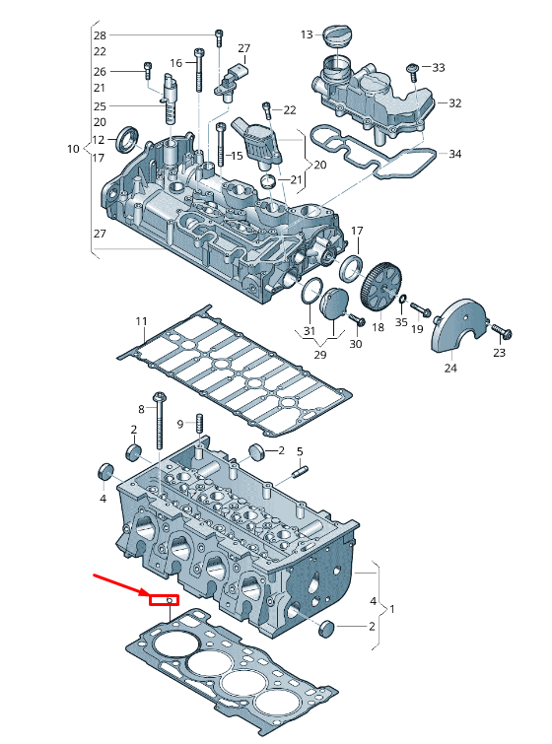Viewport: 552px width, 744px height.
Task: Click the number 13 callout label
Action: point(306,35)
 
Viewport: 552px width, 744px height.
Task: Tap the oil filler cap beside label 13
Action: point(336,36)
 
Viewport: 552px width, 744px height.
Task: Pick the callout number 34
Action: point(454,154)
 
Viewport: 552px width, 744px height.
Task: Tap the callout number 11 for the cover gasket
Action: point(141,321)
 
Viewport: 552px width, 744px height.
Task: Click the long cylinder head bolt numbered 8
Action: point(161,424)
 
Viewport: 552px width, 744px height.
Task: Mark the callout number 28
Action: point(100,35)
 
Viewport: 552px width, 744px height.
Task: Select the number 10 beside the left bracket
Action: point(73,149)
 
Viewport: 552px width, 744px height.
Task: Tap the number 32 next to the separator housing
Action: point(454,102)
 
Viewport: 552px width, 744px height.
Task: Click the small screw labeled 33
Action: point(412,69)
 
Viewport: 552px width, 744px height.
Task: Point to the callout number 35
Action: point(401,322)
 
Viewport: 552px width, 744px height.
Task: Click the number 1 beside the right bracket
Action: point(392,610)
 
